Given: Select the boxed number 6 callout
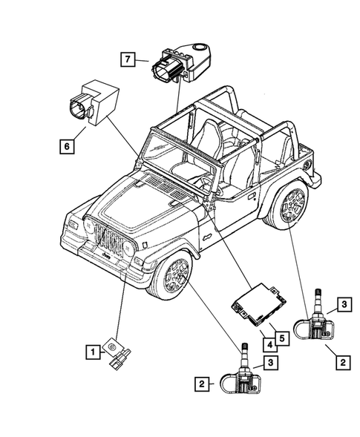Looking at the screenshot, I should click(66, 147).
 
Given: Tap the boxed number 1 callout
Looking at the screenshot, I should click(91, 352).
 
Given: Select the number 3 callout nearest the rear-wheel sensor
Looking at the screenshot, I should click(344, 303).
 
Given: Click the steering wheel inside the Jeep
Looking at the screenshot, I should click(200, 180).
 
